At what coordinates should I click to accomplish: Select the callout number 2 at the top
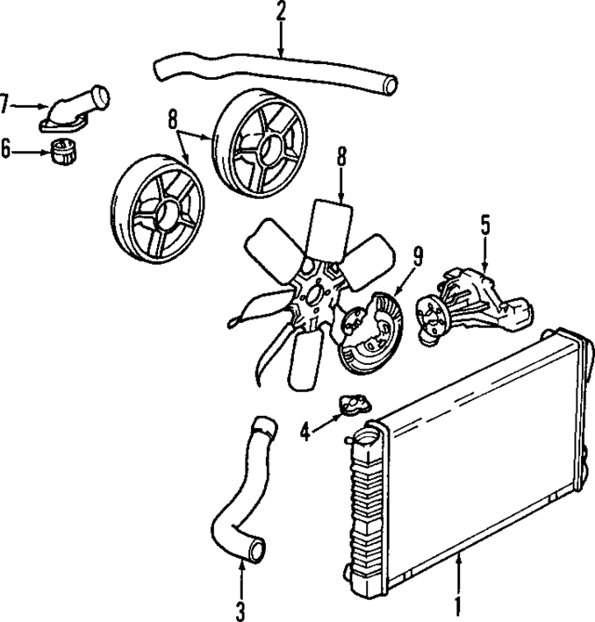tap(280, 12)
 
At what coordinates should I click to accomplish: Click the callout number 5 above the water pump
tap(484, 224)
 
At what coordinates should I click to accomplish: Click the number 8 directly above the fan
tap(341, 157)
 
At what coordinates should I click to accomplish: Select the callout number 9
tap(417, 253)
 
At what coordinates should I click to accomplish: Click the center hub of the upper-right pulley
tap(262, 144)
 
